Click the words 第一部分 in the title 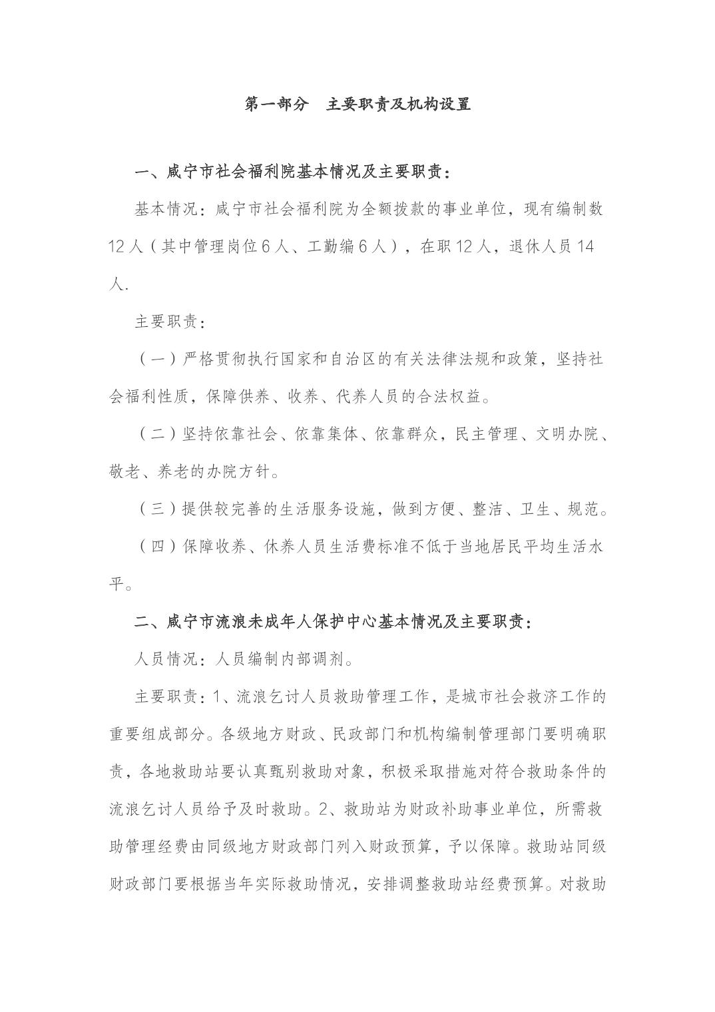point(278,104)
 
